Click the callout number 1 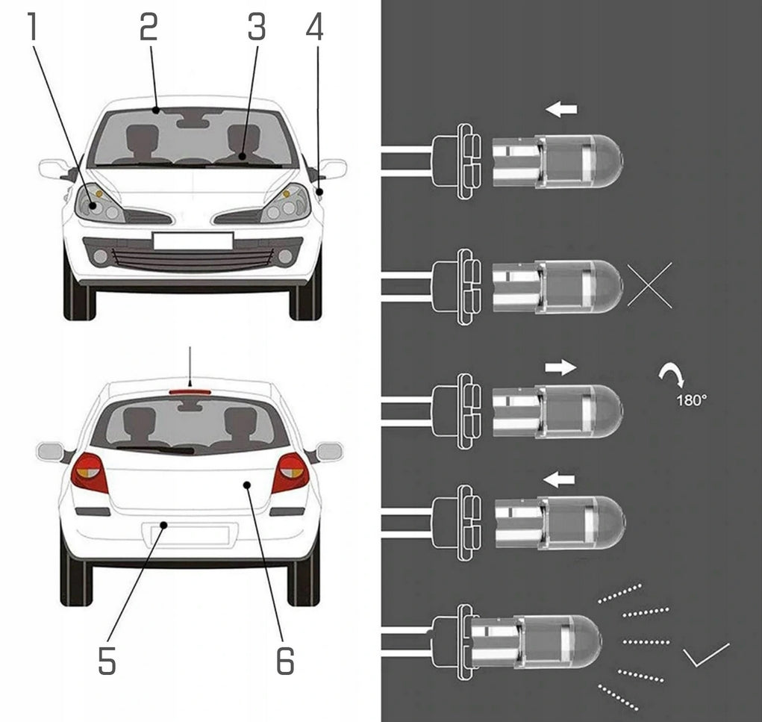pyautogui.click(x=32, y=27)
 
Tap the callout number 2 pyautogui.click(x=149, y=27)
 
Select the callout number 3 pyautogui.click(x=257, y=27)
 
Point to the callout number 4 pyautogui.click(x=314, y=27)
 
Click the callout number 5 pyautogui.click(x=107, y=660)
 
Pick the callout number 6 pyautogui.click(x=285, y=660)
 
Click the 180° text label pyautogui.click(x=691, y=401)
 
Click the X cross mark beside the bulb pyautogui.click(x=650, y=285)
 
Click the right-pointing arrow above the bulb pyautogui.click(x=560, y=367)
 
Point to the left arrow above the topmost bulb pyautogui.click(x=561, y=109)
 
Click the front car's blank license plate pyautogui.click(x=193, y=241)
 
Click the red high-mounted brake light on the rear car pyautogui.click(x=190, y=391)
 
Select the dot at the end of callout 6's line pyautogui.click(x=247, y=485)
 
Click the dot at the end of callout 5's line pyautogui.click(x=163, y=525)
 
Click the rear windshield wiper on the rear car pyautogui.click(x=155, y=449)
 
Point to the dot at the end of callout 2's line pyautogui.click(x=155, y=111)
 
